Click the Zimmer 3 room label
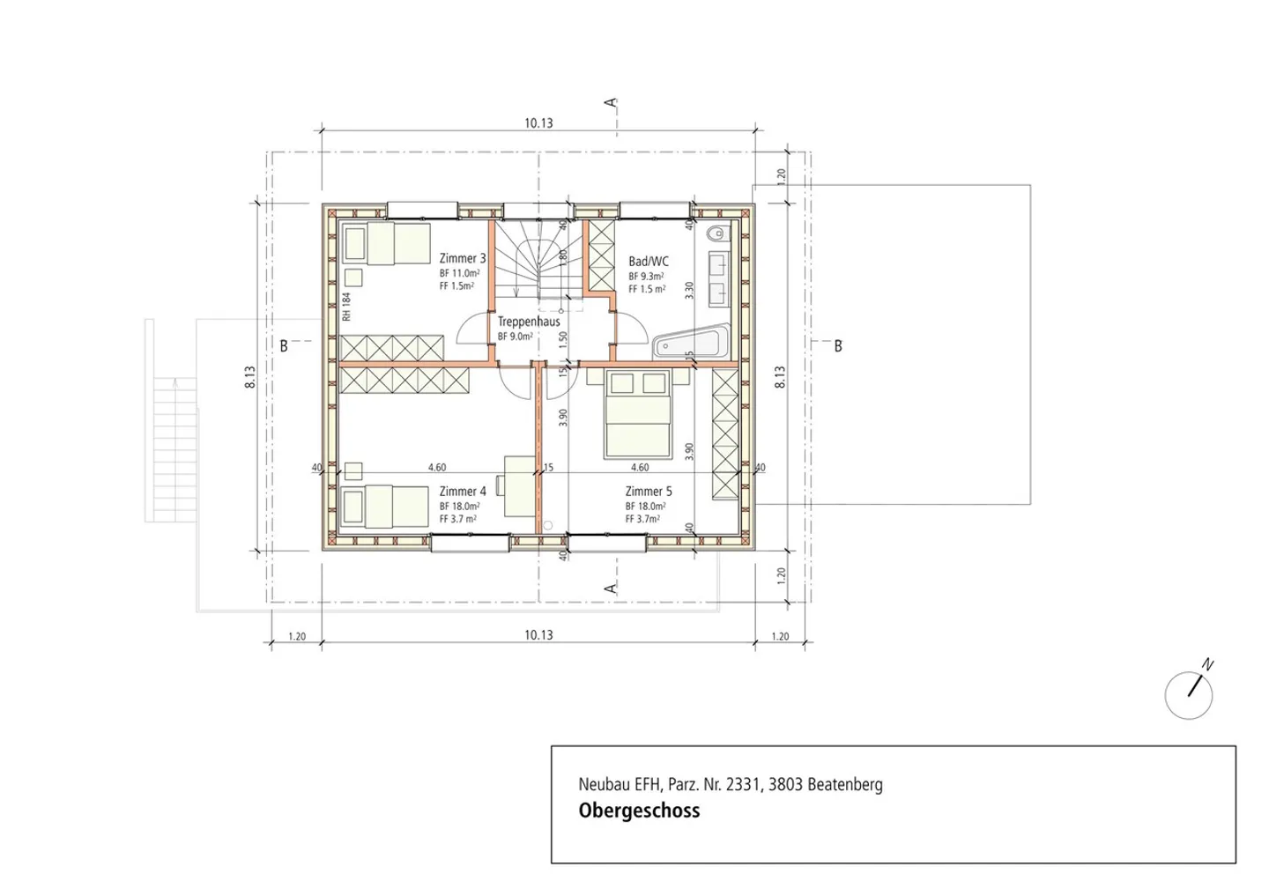tap(463, 258)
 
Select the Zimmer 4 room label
tap(463, 492)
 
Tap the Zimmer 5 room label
tap(649, 492)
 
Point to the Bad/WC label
tap(649, 262)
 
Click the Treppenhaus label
tap(529, 322)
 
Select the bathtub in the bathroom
tap(691, 342)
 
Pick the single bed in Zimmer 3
tap(385, 244)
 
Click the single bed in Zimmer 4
tap(385, 507)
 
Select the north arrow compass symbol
tap(1189, 693)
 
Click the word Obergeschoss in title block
tap(639, 811)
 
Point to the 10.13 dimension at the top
tap(538, 123)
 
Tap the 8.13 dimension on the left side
tap(250, 377)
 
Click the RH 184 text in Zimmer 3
tap(347, 306)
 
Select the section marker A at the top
tap(611, 103)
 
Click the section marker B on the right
tap(837, 346)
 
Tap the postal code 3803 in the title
tap(785, 784)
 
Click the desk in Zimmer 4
tap(519, 485)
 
